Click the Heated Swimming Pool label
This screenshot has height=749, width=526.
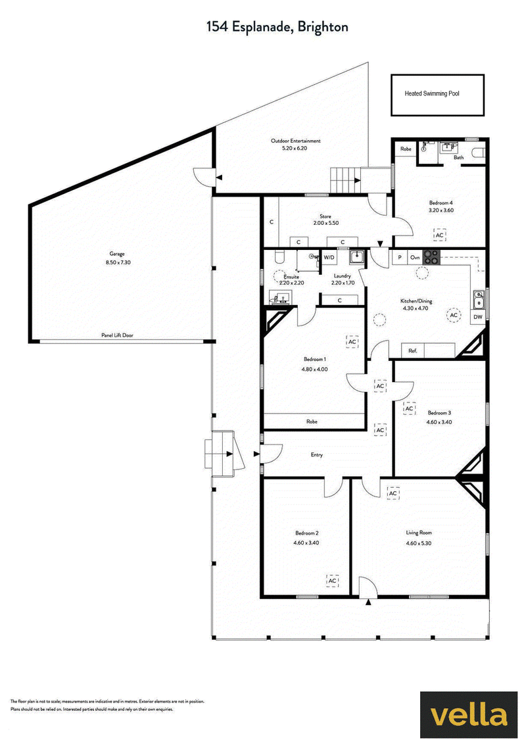coord(432,93)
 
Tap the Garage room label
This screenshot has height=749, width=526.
coord(117,254)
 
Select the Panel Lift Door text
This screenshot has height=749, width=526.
coord(117,335)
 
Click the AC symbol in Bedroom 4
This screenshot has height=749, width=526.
coord(439,235)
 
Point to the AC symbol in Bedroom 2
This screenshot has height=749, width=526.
coord(333,581)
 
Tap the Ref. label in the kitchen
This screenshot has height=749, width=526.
coord(413,350)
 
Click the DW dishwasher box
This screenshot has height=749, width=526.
coord(478,317)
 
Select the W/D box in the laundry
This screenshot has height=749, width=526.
coord(329,258)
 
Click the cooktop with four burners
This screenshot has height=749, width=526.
coord(431,257)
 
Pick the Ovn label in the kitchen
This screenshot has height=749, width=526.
coord(415,258)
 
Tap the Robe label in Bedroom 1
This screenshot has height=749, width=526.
coord(312,422)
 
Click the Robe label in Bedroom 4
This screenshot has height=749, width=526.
coord(406,149)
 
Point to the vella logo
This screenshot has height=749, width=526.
coord(469,715)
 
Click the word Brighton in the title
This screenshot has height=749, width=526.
coord(322,27)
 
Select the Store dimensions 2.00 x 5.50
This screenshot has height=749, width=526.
coord(325,223)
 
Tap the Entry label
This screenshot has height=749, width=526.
coord(317,455)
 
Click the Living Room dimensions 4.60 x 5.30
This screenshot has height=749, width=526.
coord(419,543)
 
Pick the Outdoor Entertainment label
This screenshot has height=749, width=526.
coord(295,141)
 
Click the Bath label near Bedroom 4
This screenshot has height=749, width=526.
coord(459,157)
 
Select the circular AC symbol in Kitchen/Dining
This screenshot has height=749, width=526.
coord(454,315)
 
